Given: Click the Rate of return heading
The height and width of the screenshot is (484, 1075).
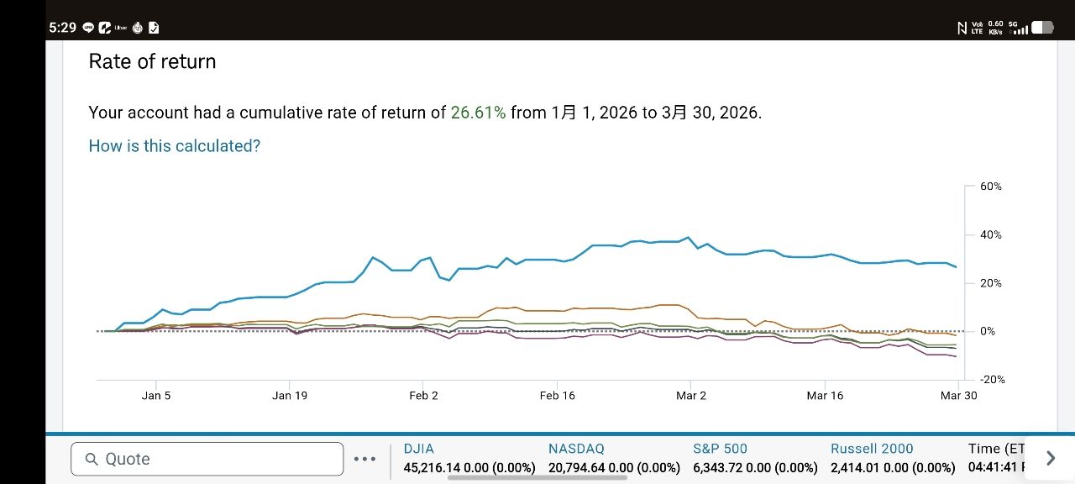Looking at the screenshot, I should point(152,61).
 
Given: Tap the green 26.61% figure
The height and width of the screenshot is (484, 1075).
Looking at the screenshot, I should point(478,113).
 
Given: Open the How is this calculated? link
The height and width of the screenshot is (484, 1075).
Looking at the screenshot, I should point(175,146).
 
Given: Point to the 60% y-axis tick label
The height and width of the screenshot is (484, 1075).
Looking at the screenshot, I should point(991,187).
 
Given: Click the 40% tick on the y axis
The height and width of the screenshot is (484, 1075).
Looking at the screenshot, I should point(991,235).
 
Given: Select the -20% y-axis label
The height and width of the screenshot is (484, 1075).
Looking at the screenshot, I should point(991,380).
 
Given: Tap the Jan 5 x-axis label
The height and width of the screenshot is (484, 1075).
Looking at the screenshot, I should point(156,396).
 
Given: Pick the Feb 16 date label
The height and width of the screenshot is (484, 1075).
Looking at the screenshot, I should point(558,396).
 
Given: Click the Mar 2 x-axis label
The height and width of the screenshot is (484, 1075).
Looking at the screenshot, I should point(691,396).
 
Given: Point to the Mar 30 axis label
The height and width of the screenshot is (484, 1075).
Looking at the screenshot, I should point(959,396).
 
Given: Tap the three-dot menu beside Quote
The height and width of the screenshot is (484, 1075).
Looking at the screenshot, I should point(365,459).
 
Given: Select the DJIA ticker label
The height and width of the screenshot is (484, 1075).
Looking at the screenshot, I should point(419,449).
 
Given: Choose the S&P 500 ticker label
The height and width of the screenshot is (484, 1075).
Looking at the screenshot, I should point(720,449).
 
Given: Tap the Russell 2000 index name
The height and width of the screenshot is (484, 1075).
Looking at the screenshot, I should point(872,449).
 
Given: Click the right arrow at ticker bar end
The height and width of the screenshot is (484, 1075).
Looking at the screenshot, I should point(1051,458).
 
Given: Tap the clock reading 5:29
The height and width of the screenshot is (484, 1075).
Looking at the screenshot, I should point(62,28).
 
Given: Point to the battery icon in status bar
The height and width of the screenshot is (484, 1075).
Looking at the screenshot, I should point(1042,28).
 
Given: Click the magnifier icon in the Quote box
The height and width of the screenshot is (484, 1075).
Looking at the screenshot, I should point(92,459).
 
